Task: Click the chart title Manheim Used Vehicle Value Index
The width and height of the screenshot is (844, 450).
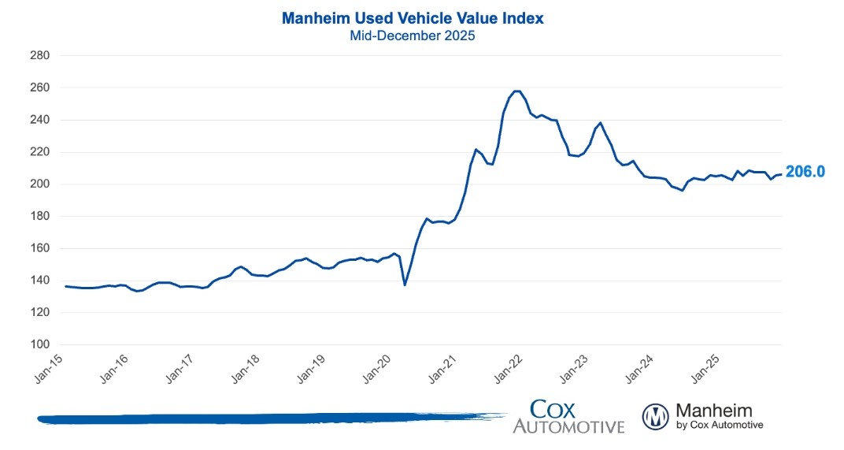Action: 412,18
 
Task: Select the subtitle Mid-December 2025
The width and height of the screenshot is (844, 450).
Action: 412,36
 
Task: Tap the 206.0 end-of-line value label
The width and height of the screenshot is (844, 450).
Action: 804,171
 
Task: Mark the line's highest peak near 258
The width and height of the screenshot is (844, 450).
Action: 517,91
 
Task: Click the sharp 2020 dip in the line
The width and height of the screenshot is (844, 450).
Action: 405,284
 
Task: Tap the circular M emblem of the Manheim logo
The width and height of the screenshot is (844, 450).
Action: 656,416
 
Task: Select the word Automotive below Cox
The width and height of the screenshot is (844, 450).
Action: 568,426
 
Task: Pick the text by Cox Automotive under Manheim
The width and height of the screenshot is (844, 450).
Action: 720,426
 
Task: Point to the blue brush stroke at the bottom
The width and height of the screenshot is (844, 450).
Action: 268,418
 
